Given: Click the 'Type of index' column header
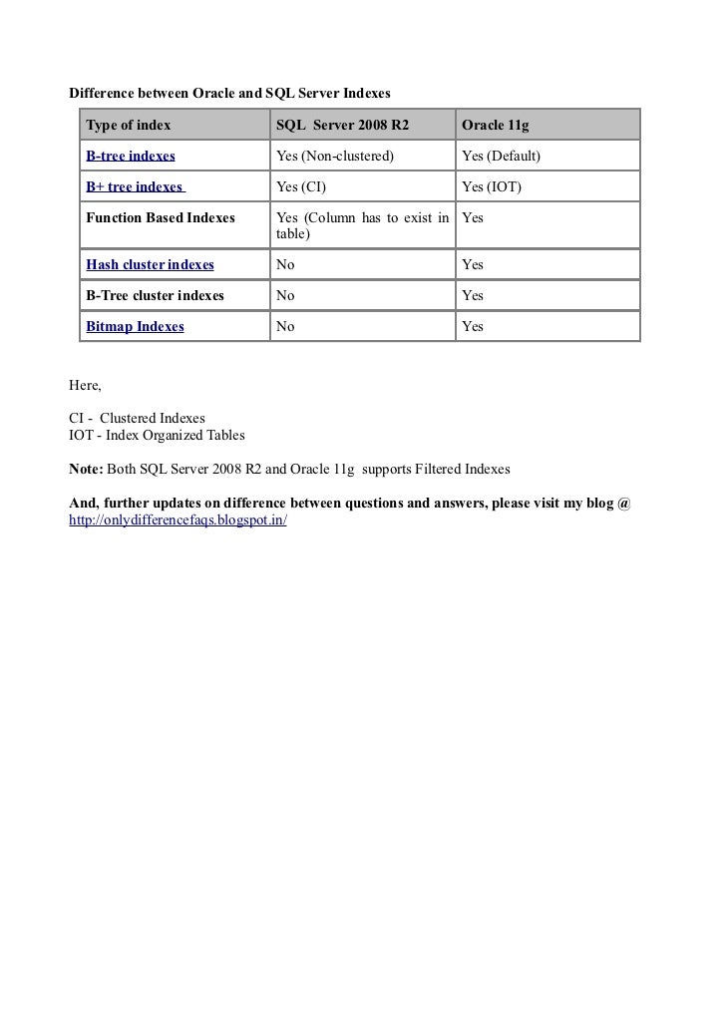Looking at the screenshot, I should [129, 126].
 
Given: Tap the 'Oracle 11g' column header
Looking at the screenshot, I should [495, 126].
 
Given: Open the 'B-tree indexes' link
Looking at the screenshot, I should [131, 157].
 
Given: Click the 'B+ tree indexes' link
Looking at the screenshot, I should [136, 186].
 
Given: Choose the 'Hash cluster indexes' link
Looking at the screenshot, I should [150, 264].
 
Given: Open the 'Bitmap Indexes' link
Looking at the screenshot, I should [135, 326].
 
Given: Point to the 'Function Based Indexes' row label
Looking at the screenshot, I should [161, 217].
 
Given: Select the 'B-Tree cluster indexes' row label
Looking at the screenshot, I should [155, 295].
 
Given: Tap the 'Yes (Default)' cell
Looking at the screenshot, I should [501, 157].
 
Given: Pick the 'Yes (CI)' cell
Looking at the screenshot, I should [301, 186].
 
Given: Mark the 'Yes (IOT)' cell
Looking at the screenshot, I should [492, 186].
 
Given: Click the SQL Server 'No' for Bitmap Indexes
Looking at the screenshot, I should [285, 326].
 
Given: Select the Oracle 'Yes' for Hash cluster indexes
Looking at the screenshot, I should [473, 264].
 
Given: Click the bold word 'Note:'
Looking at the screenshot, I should [85, 468].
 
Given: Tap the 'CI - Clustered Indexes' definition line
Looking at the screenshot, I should [137, 417].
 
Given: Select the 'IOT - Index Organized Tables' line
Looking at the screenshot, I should [156, 436].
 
